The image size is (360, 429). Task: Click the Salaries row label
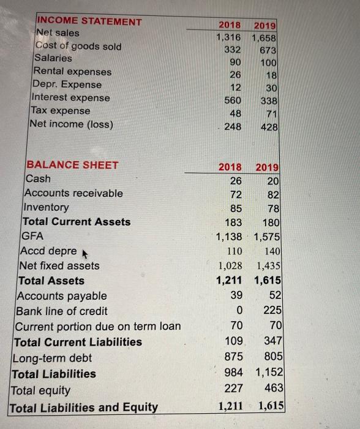click(54, 58)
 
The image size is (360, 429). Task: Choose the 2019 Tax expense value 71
click(271, 114)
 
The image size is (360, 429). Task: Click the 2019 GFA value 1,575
click(267, 236)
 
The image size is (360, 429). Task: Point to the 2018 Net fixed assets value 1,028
click(230, 265)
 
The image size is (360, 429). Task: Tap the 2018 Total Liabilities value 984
click(233, 372)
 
